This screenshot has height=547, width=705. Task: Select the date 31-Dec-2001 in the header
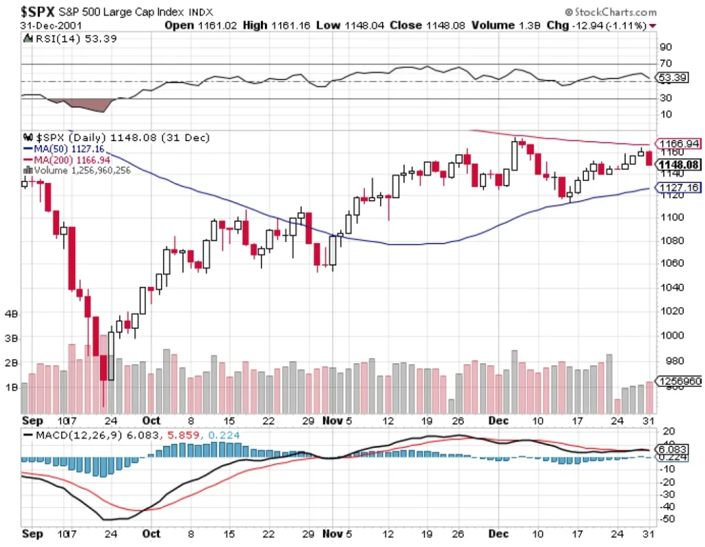coord(46,25)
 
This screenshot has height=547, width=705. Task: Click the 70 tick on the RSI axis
coord(666,64)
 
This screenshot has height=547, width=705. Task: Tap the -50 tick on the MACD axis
coord(666,517)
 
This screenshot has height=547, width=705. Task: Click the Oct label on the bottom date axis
coord(151,533)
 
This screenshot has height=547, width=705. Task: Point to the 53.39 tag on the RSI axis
coord(672,78)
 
